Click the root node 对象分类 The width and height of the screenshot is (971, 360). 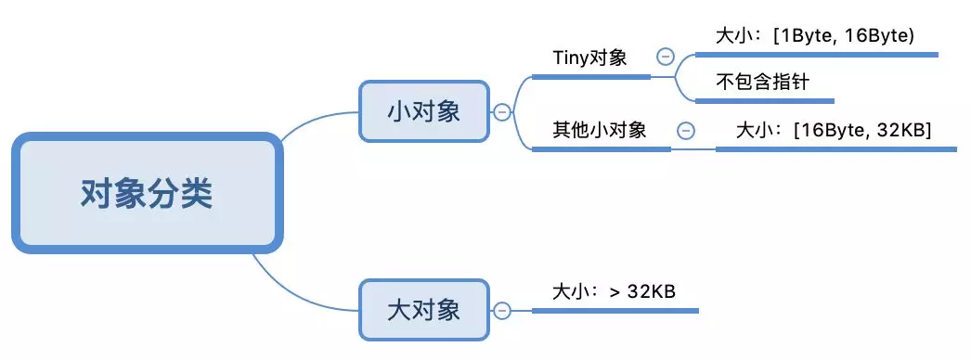pyautogui.click(x=146, y=193)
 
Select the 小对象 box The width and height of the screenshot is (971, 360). pyautogui.click(x=423, y=111)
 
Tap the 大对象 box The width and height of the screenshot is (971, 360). pyautogui.click(x=423, y=309)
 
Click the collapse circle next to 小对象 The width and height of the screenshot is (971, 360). pyautogui.click(x=502, y=112)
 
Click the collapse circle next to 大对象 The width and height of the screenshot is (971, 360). pyautogui.click(x=502, y=310)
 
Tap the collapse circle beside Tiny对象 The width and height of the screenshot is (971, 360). pyautogui.click(x=666, y=57)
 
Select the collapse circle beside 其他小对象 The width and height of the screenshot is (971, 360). pyautogui.click(x=686, y=130)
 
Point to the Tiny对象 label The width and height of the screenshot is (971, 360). pyautogui.click(x=589, y=58)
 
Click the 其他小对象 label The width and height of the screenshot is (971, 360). pyautogui.click(x=600, y=130)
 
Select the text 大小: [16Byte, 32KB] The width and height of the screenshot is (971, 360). pyautogui.click(x=833, y=130)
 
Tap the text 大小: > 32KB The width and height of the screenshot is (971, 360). pyautogui.click(x=613, y=291)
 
